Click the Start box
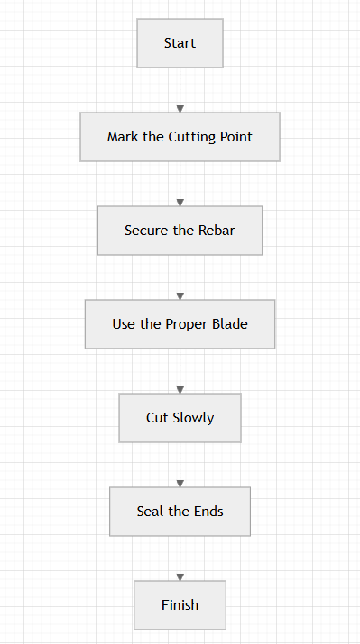(x=180, y=43)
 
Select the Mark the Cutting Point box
(x=180, y=137)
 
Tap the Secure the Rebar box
(x=180, y=231)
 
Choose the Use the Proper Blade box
(x=180, y=324)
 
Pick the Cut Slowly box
(x=180, y=418)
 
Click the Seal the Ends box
(x=180, y=512)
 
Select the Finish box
(x=180, y=605)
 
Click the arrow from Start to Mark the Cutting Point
(x=180, y=90)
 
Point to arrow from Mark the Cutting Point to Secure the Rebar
(x=180, y=184)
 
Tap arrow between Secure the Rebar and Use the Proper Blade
(x=180, y=277)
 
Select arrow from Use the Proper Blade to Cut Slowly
(x=180, y=371)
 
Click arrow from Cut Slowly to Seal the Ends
(x=180, y=465)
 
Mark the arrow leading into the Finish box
(x=180, y=558)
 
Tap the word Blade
(x=230, y=324)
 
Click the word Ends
(x=208, y=512)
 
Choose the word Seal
(x=150, y=512)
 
